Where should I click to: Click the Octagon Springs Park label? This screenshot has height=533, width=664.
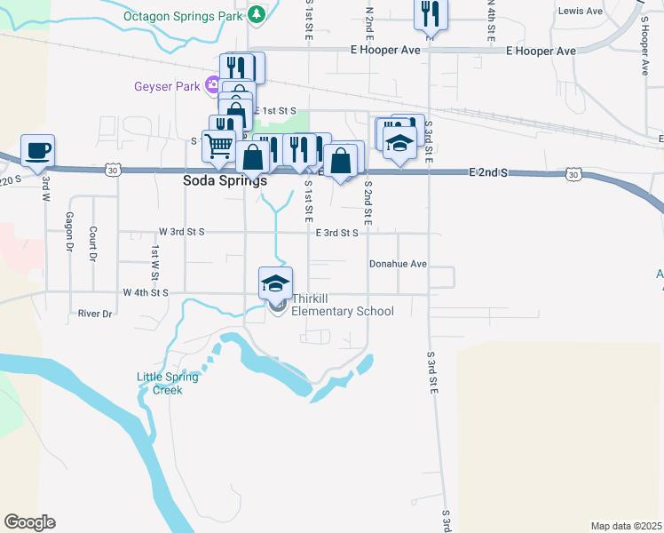pos(184,16)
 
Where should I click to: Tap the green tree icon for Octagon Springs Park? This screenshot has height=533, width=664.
pos(257,14)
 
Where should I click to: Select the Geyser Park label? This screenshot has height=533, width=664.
pos(168,86)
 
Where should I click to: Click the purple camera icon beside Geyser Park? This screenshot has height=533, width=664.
pos(212,86)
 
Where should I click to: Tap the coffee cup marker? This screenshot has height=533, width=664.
pos(37,151)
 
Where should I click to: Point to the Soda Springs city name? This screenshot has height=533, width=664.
pos(225,179)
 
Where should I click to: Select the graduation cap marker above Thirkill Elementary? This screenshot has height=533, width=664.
pos(276,282)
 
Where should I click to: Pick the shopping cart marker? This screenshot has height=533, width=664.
pos(218,146)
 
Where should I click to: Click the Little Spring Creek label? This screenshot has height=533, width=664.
pos(168,383)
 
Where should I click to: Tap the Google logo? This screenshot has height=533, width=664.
pos(29,522)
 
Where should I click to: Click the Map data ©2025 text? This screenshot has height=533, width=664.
pos(625,526)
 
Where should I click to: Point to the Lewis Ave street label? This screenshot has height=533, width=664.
pos(580,12)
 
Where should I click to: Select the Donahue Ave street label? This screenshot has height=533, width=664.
pos(399,264)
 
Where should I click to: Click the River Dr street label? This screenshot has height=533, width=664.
pos(95,314)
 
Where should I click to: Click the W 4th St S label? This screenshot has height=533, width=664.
pos(146,292)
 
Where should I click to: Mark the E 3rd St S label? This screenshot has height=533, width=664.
pos(336,233)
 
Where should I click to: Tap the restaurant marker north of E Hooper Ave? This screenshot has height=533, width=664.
pos(431,14)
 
